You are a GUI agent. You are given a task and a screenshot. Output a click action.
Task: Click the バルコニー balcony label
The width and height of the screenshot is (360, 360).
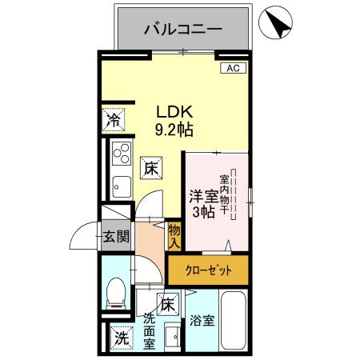183,31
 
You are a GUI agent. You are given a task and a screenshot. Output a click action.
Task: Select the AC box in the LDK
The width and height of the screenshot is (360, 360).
233,69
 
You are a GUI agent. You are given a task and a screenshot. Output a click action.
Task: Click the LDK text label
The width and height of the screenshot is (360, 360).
173,111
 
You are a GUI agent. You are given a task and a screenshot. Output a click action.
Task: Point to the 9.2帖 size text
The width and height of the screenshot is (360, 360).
173,129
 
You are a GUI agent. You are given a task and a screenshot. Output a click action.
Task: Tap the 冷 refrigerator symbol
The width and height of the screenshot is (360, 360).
114,122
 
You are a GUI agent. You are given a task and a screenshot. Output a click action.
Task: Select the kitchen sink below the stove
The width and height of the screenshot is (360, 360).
122,183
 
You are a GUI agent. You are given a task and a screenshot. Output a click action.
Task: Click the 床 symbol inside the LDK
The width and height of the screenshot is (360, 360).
152,168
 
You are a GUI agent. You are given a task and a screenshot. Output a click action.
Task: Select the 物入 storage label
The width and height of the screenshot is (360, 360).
174,234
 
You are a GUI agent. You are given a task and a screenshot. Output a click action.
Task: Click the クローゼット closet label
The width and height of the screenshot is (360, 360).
210,270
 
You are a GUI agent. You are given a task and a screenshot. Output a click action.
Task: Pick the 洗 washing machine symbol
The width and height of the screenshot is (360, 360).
119,338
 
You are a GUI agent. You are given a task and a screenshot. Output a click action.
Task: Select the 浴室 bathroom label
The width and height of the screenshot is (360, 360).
202,322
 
